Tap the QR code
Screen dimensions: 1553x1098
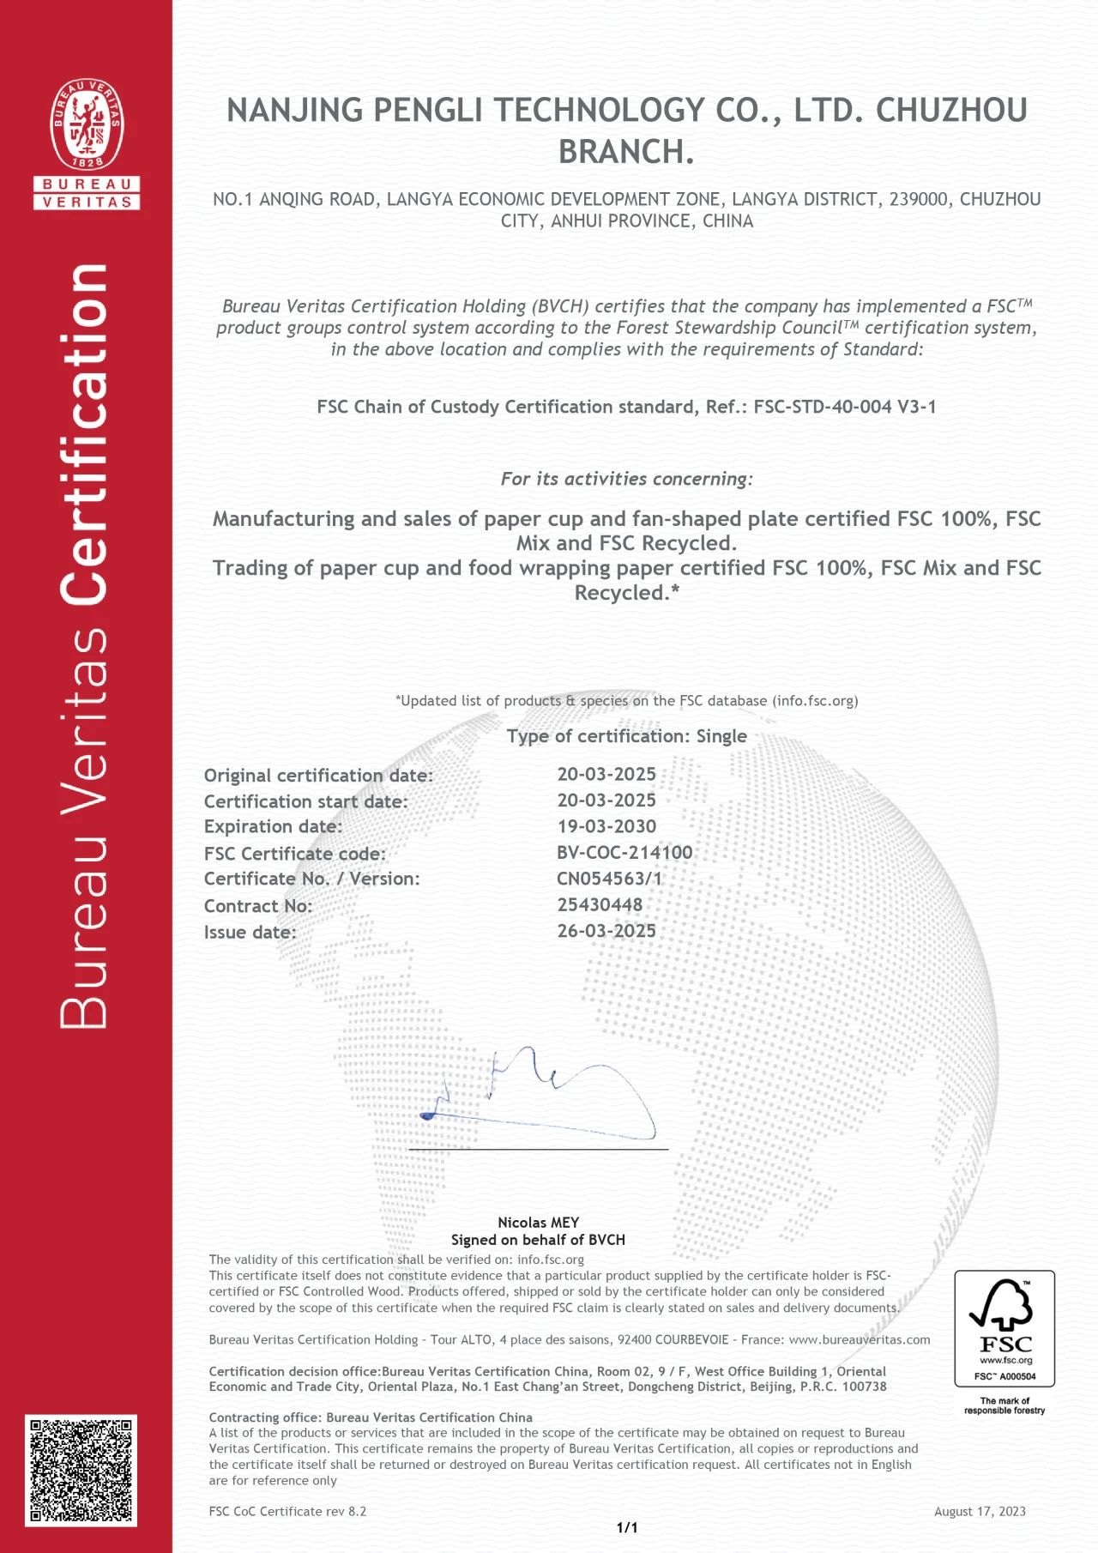pos(81,1470)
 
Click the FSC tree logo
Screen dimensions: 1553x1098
pos(1004,1313)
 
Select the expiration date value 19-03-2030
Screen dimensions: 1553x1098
pos(606,826)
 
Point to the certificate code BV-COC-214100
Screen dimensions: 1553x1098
pos(624,852)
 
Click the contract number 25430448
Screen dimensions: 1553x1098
pos(600,904)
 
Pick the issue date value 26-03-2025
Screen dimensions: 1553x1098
pos(606,931)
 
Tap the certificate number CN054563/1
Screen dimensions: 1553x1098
pos(609,878)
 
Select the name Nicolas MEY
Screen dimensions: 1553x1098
pos(539,1222)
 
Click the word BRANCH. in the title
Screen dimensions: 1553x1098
pos(626,152)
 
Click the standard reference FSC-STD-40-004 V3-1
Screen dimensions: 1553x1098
pos(844,407)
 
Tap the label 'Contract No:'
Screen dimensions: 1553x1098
pos(258,906)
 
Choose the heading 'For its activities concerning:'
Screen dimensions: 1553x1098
pos(626,479)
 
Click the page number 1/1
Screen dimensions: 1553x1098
pos(627,1527)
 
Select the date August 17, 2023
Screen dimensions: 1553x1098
pos(980,1511)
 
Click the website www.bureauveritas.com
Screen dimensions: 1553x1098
pos(860,1339)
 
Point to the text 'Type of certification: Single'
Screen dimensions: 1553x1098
pos(626,736)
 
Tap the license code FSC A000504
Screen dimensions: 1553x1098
pos(1004,1376)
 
